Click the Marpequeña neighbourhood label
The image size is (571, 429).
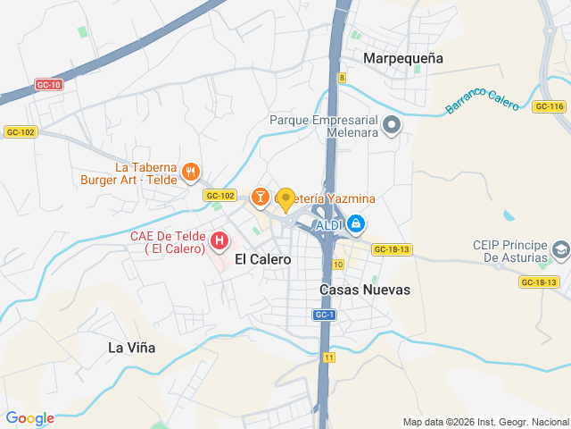click(x=404, y=58)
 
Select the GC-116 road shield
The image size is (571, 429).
click(x=550, y=106)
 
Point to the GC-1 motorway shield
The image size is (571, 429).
click(x=324, y=315)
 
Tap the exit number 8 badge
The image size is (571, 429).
click(x=342, y=78)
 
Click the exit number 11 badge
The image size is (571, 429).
click(x=329, y=357)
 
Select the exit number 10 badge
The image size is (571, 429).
click(x=337, y=264)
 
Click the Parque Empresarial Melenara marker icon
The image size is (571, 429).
click(x=392, y=128)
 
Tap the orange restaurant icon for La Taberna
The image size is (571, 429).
click(x=190, y=171)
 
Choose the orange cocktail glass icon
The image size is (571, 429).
click(x=260, y=196)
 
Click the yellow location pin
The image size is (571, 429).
click(x=285, y=199)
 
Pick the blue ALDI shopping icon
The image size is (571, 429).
click(x=356, y=223)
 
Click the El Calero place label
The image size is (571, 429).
click(x=262, y=259)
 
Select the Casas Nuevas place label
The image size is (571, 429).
click(x=365, y=290)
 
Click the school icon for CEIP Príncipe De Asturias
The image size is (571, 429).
click(x=560, y=249)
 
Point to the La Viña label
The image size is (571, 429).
click(x=131, y=348)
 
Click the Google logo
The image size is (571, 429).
click(x=29, y=418)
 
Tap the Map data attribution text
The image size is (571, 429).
click(x=484, y=422)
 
